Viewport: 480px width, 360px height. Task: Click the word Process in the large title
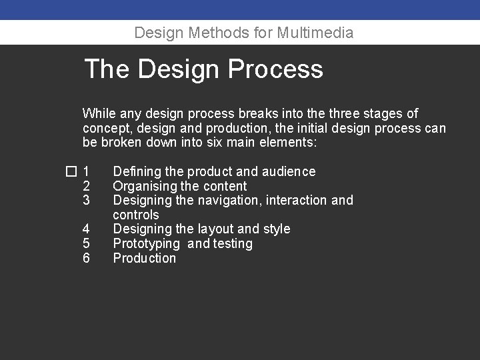point(275,69)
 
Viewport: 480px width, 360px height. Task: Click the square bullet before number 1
point(71,172)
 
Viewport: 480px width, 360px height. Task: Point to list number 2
point(86,186)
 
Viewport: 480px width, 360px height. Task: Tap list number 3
point(86,200)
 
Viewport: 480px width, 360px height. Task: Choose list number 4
point(86,229)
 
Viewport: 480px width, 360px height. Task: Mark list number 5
point(86,244)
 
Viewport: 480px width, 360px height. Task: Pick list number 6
point(86,258)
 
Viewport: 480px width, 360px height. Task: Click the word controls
point(136,215)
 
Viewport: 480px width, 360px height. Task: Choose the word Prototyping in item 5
point(147,244)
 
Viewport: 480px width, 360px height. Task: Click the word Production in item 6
point(145,258)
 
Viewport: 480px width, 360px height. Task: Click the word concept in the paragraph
point(106,128)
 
